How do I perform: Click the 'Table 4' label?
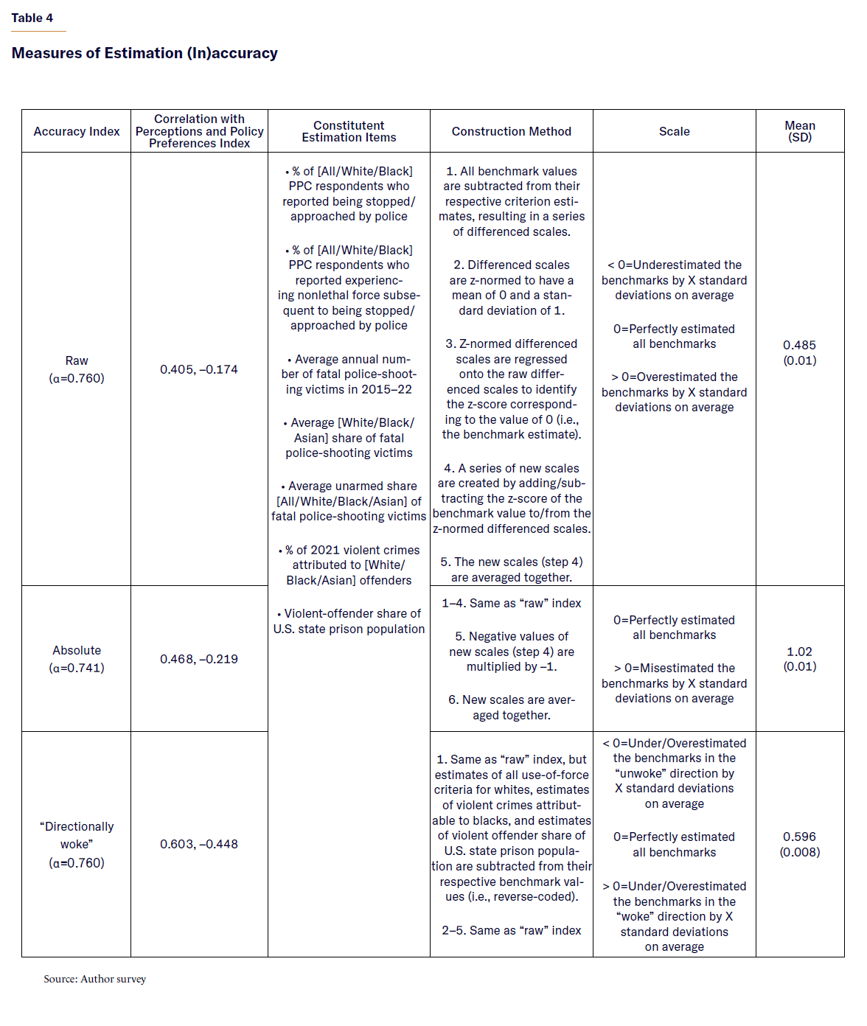point(32,18)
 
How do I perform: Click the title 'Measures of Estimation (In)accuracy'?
point(144,53)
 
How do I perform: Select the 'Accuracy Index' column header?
point(77,131)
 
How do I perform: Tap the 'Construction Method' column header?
point(511,131)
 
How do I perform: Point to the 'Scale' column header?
point(674,131)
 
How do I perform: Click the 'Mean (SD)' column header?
point(799,131)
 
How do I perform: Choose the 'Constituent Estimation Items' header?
point(349,131)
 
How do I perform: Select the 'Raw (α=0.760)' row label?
point(77,369)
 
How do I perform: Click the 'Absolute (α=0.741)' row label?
point(77,659)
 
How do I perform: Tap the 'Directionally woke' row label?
point(77,844)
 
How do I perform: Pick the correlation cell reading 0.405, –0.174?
point(199,369)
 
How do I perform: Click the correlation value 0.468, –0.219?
point(199,659)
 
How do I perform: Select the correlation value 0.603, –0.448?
point(199,844)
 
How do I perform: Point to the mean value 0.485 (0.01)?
point(799,352)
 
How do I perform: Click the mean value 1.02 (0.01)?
point(799,659)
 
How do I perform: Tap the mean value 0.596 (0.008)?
point(799,844)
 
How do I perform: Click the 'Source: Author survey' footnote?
point(94,979)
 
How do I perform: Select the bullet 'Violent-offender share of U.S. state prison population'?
point(349,621)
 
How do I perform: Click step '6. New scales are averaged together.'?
point(511,707)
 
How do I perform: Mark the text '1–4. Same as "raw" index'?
point(511,603)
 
